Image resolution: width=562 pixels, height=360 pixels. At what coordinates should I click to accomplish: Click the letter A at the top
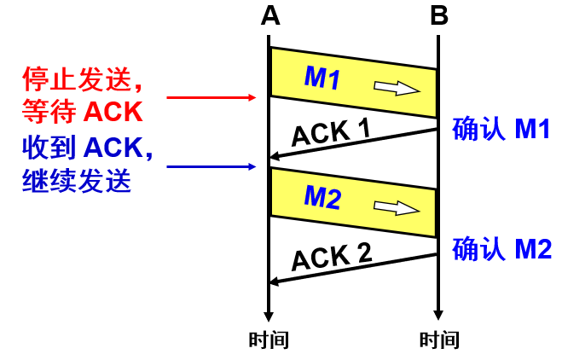[x=269, y=15]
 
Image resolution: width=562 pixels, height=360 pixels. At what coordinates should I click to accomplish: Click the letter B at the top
[x=438, y=15]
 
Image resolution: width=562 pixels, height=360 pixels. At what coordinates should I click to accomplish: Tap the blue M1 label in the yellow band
[x=322, y=78]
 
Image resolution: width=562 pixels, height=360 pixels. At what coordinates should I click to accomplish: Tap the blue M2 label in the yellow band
[x=322, y=198]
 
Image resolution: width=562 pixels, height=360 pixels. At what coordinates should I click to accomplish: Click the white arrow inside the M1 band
[x=397, y=87]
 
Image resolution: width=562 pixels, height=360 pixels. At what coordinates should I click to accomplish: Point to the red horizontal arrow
[x=211, y=98]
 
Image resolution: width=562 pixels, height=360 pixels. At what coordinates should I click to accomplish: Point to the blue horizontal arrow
[x=211, y=165]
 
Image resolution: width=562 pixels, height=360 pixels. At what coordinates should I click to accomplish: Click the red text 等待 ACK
[x=81, y=112]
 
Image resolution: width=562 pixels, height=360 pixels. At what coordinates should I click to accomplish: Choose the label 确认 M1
[x=501, y=129]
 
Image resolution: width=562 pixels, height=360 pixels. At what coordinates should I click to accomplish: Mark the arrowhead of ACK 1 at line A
[x=275, y=157]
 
